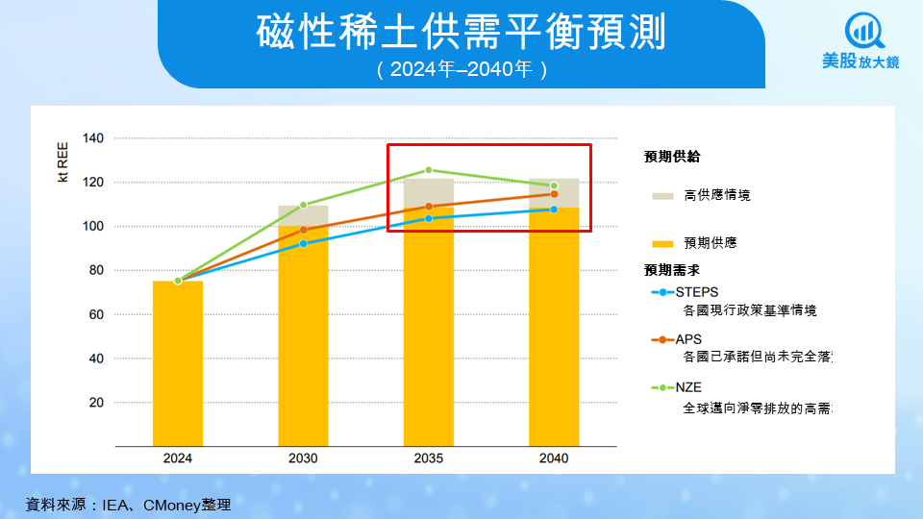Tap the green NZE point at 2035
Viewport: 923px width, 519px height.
click(x=429, y=170)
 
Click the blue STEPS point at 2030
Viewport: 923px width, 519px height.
click(x=303, y=243)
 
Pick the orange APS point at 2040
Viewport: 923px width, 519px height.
click(x=554, y=194)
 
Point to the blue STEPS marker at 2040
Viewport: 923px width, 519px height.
click(x=554, y=210)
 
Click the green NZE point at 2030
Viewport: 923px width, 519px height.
click(x=303, y=205)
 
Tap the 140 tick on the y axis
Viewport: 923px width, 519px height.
click(x=92, y=138)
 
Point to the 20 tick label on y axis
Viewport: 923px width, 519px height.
click(x=96, y=403)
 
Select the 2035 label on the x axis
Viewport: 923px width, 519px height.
click(x=429, y=458)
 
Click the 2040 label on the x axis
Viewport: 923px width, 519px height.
click(x=554, y=458)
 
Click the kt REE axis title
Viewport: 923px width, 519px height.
click(x=62, y=161)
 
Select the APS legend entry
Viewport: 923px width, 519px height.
click(x=688, y=339)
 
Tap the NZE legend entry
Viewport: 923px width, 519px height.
click(x=688, y=387)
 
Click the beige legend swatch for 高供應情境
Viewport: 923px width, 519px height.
click(x=662, y=195)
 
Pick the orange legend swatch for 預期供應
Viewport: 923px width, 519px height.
click(x=662, y=243)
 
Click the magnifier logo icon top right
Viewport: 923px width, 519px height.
click(x=862, y=31)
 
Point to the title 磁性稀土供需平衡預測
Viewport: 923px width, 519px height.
click(x=461, y=33)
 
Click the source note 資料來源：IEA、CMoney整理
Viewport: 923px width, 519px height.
click(x=128, y=504)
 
